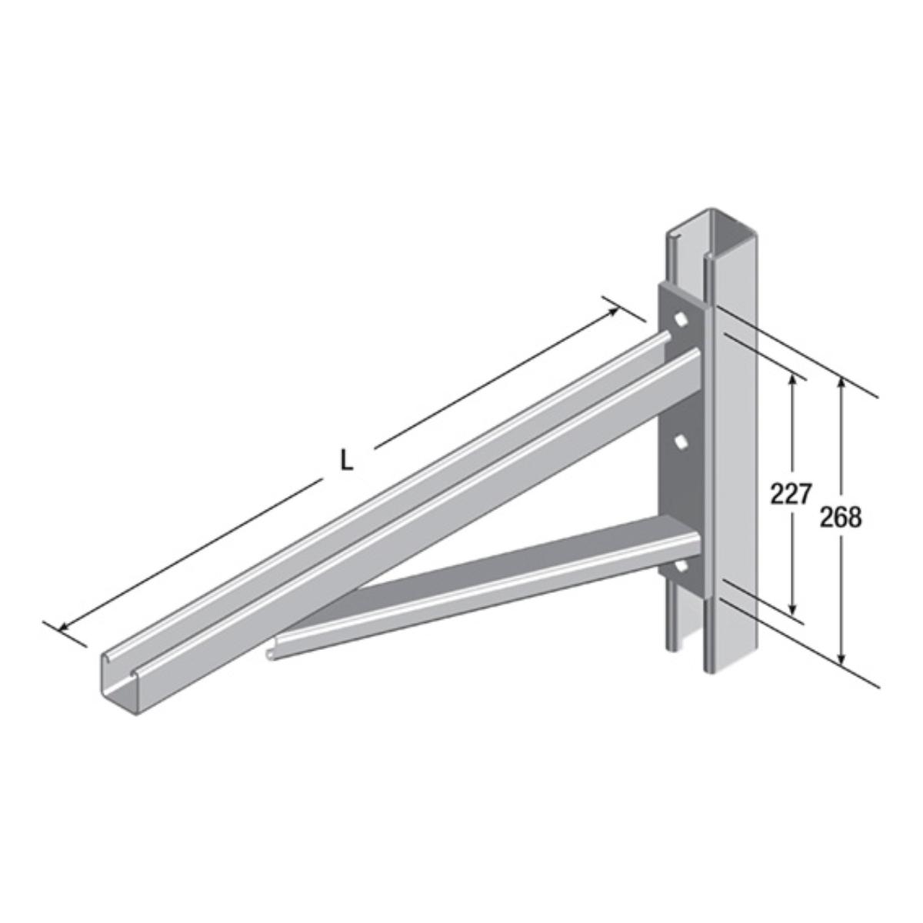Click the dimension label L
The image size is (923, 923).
346,460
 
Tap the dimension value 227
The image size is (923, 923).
791,494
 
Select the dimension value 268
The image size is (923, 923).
841,517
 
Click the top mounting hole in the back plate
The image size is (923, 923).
681,321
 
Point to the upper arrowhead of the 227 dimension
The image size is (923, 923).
792,381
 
